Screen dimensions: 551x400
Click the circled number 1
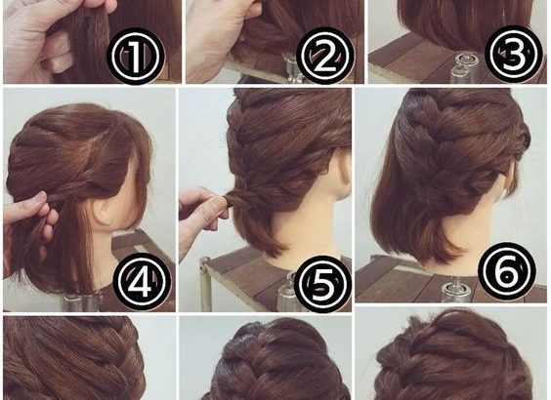[x=135, y=57]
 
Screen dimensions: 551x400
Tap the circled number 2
[x=325, y=57]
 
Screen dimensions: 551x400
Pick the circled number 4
[x=142, y=281]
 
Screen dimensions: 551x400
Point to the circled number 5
[x=323, y=284]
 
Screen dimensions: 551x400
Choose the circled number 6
[x=507, y=268]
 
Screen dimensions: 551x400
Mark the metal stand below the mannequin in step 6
[x=452, y=292]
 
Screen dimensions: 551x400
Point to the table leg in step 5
[x=205, y=284]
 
